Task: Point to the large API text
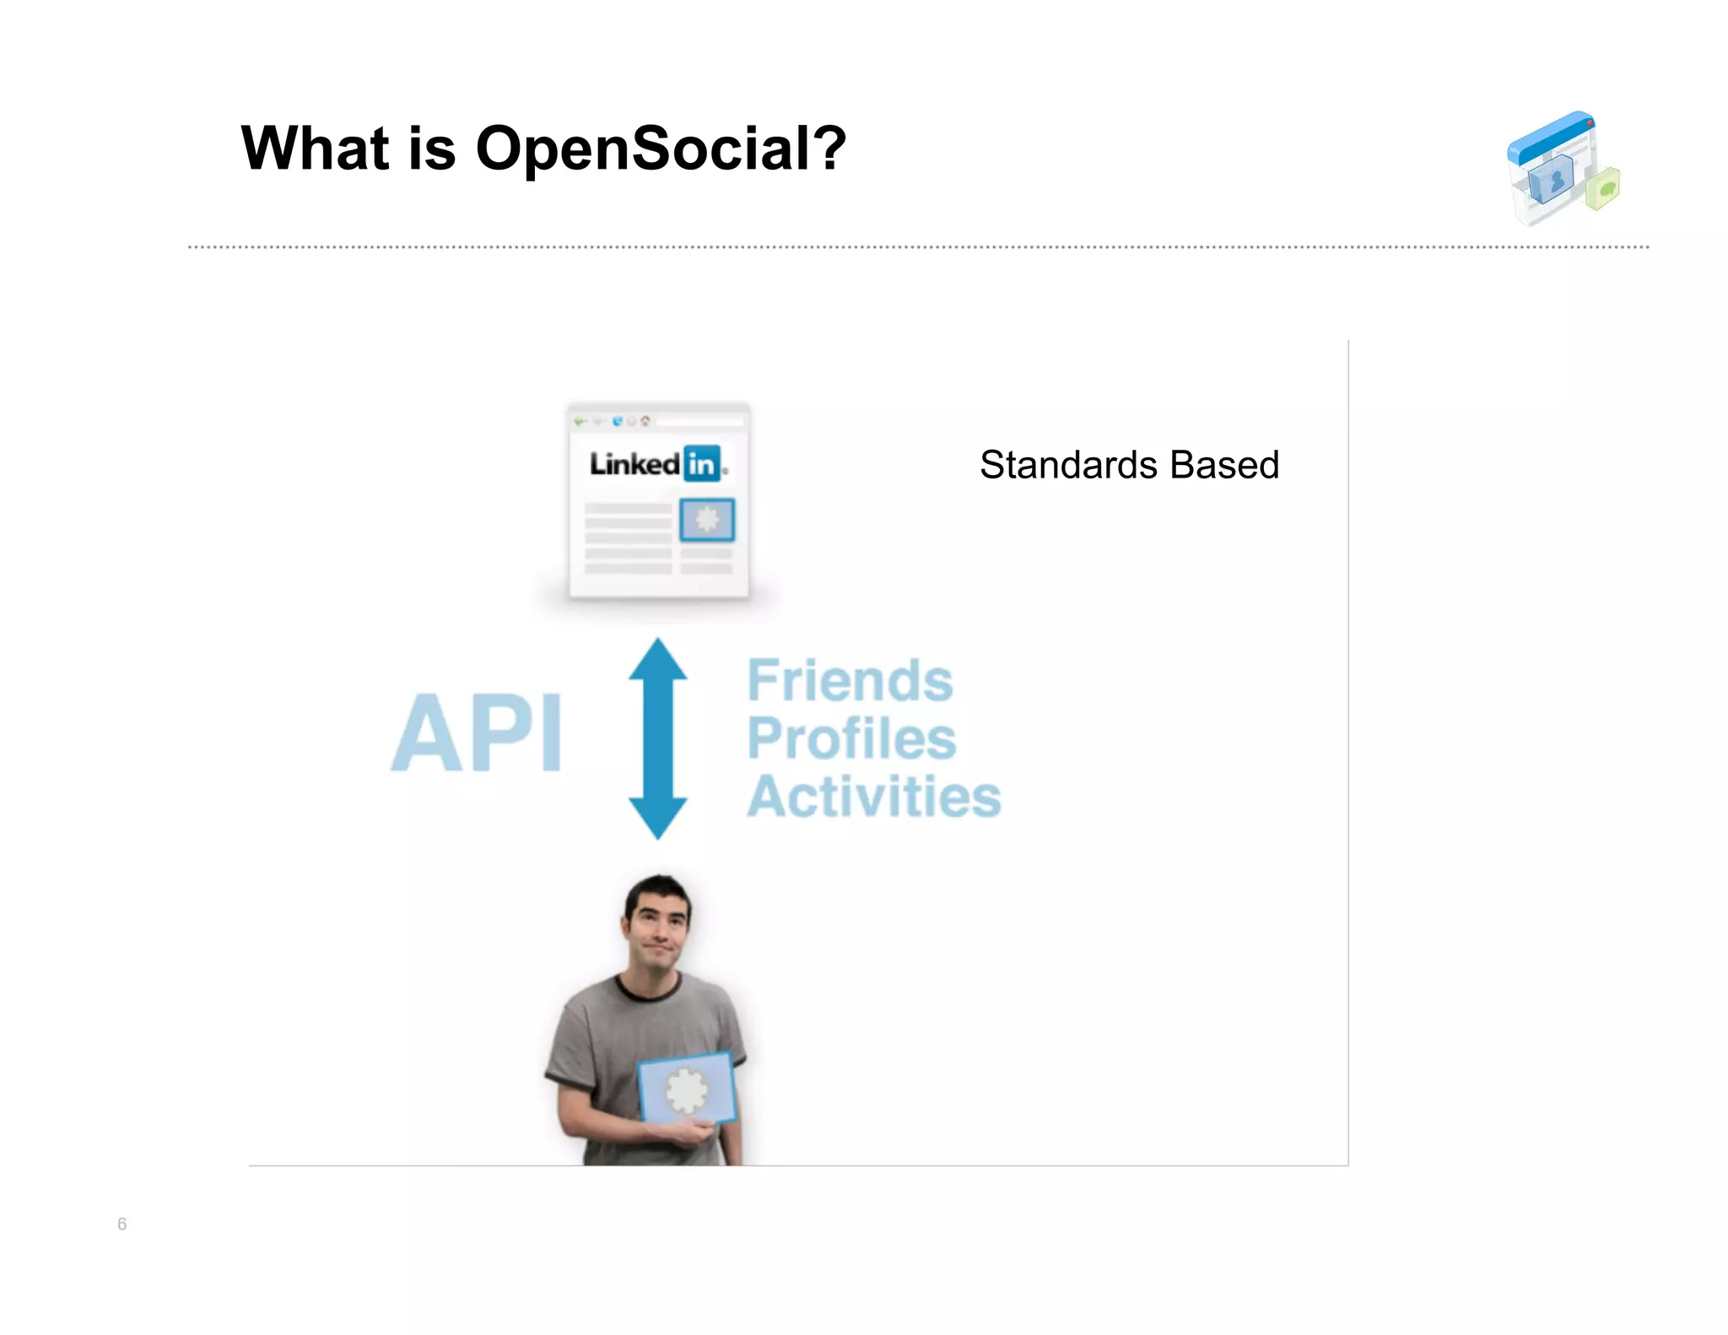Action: click(477, 732)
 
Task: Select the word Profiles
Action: click(851, 738)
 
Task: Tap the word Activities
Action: click(873, 797)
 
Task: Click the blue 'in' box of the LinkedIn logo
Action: click(701, 463)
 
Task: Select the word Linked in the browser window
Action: click(634, 463)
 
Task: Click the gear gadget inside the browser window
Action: click(707, 519)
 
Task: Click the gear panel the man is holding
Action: click(687, 1089)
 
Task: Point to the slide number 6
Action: click(121, 1224)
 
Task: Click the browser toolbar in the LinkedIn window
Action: click(658, 420)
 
